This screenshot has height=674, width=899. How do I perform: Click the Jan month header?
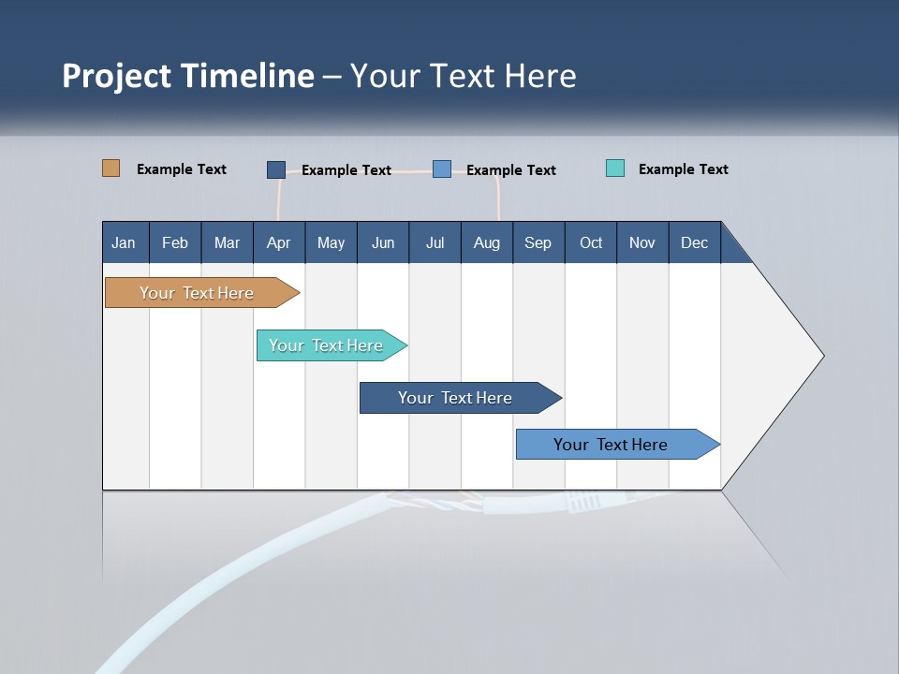pyautogui.click(x=124, y=243)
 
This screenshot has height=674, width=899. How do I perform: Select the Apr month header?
pyautogui.click(x=278, y=243)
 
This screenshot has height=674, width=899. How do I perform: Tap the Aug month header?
pyautogui.click(x=486, y=243)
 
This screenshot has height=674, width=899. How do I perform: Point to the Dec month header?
pyautogui.click(x=694, y=243)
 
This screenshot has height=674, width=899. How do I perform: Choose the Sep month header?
pyautogui.click(x=538, y=243)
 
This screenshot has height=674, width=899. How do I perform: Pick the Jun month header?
pyautogui.click(x=382, y=243)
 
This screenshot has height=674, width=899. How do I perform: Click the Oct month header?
pyautogui.click(x=590, y=243)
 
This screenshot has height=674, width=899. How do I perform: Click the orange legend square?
pyautogui.click(x=111, y=168)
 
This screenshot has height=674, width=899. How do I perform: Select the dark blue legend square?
pyautogui.click(x=276, y=169)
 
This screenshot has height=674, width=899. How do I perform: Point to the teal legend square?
pyautogui.click(x=615, y=168)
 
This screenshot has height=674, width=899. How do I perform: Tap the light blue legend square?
pyautogui.click(x=442, y=169)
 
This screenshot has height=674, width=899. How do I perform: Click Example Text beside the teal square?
pyautogui.click(x=683, y=169)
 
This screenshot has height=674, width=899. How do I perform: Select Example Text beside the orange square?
pyautogui.click(x=181, y=169)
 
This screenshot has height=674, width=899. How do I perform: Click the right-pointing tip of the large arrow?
pyautogui.click(x=820, y=356)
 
